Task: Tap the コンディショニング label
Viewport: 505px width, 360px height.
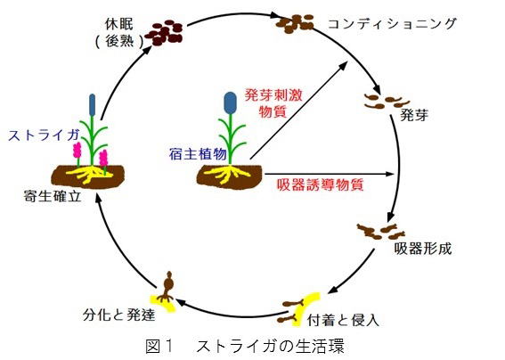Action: point(392,23)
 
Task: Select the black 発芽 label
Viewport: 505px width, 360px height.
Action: point(414,115)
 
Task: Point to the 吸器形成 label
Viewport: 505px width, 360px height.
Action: point(423,248)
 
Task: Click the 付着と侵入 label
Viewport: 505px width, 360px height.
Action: point(343,320)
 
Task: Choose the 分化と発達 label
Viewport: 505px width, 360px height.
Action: point(118,315)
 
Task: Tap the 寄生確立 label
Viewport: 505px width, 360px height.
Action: point(53,196)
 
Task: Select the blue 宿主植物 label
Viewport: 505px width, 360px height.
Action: point(198,154)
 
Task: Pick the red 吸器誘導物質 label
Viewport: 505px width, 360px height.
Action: point(321,184)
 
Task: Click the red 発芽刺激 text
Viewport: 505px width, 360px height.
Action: point(273,95)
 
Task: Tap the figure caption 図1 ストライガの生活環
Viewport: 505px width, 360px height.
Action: point(245,346)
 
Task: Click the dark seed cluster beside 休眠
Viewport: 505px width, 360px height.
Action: point(164,33)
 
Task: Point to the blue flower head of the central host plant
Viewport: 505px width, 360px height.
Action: point(230,102)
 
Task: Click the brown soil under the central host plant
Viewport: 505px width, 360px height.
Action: point(229,176)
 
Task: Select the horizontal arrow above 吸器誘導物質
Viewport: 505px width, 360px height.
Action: point(330,174)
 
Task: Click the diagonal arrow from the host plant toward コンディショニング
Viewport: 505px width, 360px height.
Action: point(298,110)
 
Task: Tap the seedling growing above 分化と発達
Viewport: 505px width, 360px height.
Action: point(167,286)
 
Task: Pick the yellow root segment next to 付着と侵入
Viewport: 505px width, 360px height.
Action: point(305,308)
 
